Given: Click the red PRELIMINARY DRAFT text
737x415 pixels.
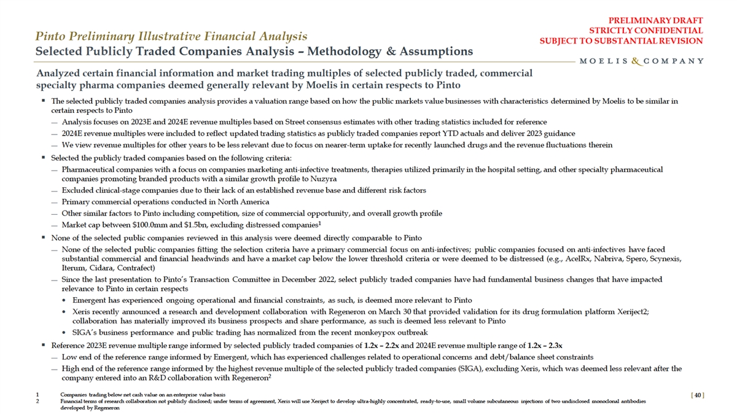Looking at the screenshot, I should tap(660, 20).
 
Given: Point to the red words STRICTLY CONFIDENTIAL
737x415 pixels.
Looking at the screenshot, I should tap(645, 30).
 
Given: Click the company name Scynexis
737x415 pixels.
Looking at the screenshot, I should tap(662, 258).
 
